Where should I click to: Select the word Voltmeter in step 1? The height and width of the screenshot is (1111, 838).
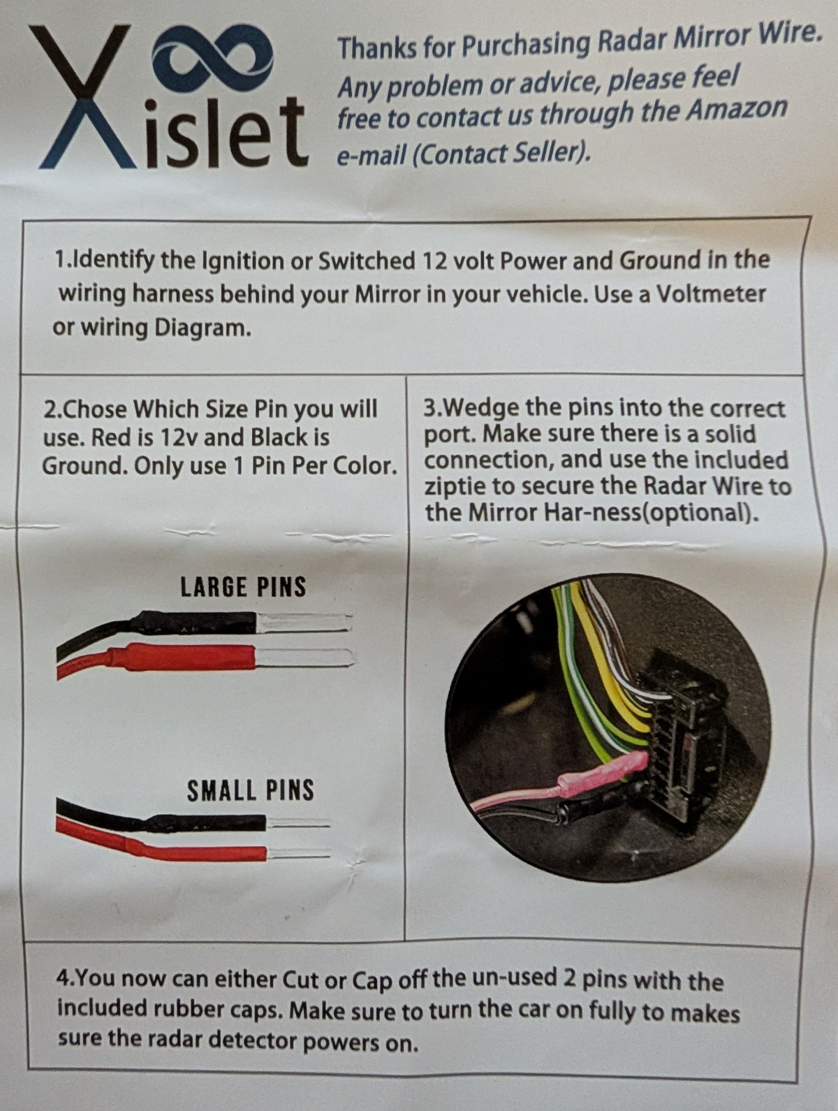(710, 293)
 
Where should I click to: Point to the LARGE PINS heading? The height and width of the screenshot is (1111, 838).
(243, 587)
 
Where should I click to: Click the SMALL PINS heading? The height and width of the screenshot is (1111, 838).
(250, 790)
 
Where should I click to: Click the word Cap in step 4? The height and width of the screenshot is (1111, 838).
(372, 980)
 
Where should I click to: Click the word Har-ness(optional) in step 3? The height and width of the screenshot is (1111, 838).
(652, 514)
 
